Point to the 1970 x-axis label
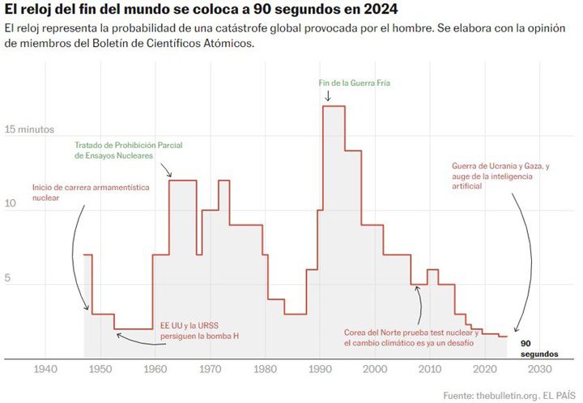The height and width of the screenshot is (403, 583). click(210, 370)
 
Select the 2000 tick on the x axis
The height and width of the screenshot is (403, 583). click(374, 370)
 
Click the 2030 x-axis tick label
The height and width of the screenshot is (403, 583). click(538, 370)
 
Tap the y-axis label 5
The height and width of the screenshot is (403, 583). click(9, 277)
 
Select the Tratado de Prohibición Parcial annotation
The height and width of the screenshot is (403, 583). click(128, 150)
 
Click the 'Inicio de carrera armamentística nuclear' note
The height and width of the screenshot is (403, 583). click(91, 192)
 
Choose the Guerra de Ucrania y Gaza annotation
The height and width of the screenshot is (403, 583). click(500, 176)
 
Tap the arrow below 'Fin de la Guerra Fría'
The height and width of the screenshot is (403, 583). click(328, 96)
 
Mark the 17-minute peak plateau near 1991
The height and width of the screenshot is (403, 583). click(334, 106)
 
